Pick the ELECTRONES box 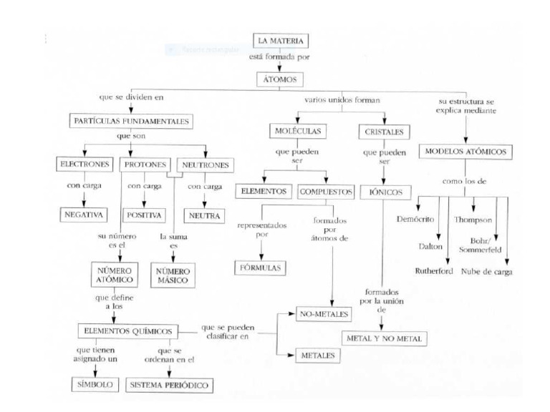click(86, 165)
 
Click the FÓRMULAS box click(261, 268)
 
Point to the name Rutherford click(435, 272)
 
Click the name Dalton click(436, 245)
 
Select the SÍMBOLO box click(95, 386)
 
